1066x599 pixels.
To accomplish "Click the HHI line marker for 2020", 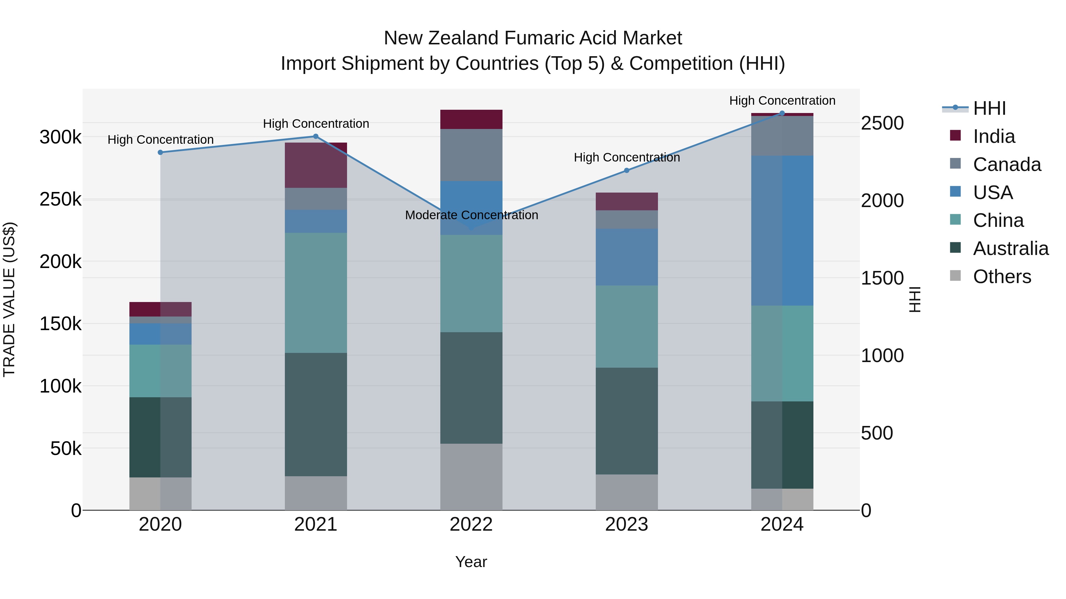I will pyautogui.click(x=160, y=153).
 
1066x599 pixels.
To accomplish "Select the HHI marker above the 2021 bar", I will pyautogui.click(x=316, y=136).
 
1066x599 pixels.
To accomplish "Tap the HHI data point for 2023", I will pyautogui.click(x=627, y=170).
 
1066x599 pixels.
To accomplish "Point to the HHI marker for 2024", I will pyautogui.click(x=782, y=113).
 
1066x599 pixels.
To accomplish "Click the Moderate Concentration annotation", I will pyautogui.click(x=471, y=215).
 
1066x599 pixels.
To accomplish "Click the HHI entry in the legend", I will pyautogui.click(x=989, y=108).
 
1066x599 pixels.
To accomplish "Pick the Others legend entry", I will pyautogui.click(x=1001, y=277).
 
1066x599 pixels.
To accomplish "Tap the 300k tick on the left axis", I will pyautogui.click(x=60, y=137).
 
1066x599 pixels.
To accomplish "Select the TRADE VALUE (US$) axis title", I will pyautogui.click(x=9, y=299).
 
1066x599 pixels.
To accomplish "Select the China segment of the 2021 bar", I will pyautogui.click(x=316, y=293).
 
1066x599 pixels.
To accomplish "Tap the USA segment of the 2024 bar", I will pyautogui.click(x=782, y=231).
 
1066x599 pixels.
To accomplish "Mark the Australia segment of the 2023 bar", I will pyautogui.click(x=627, y=421).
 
